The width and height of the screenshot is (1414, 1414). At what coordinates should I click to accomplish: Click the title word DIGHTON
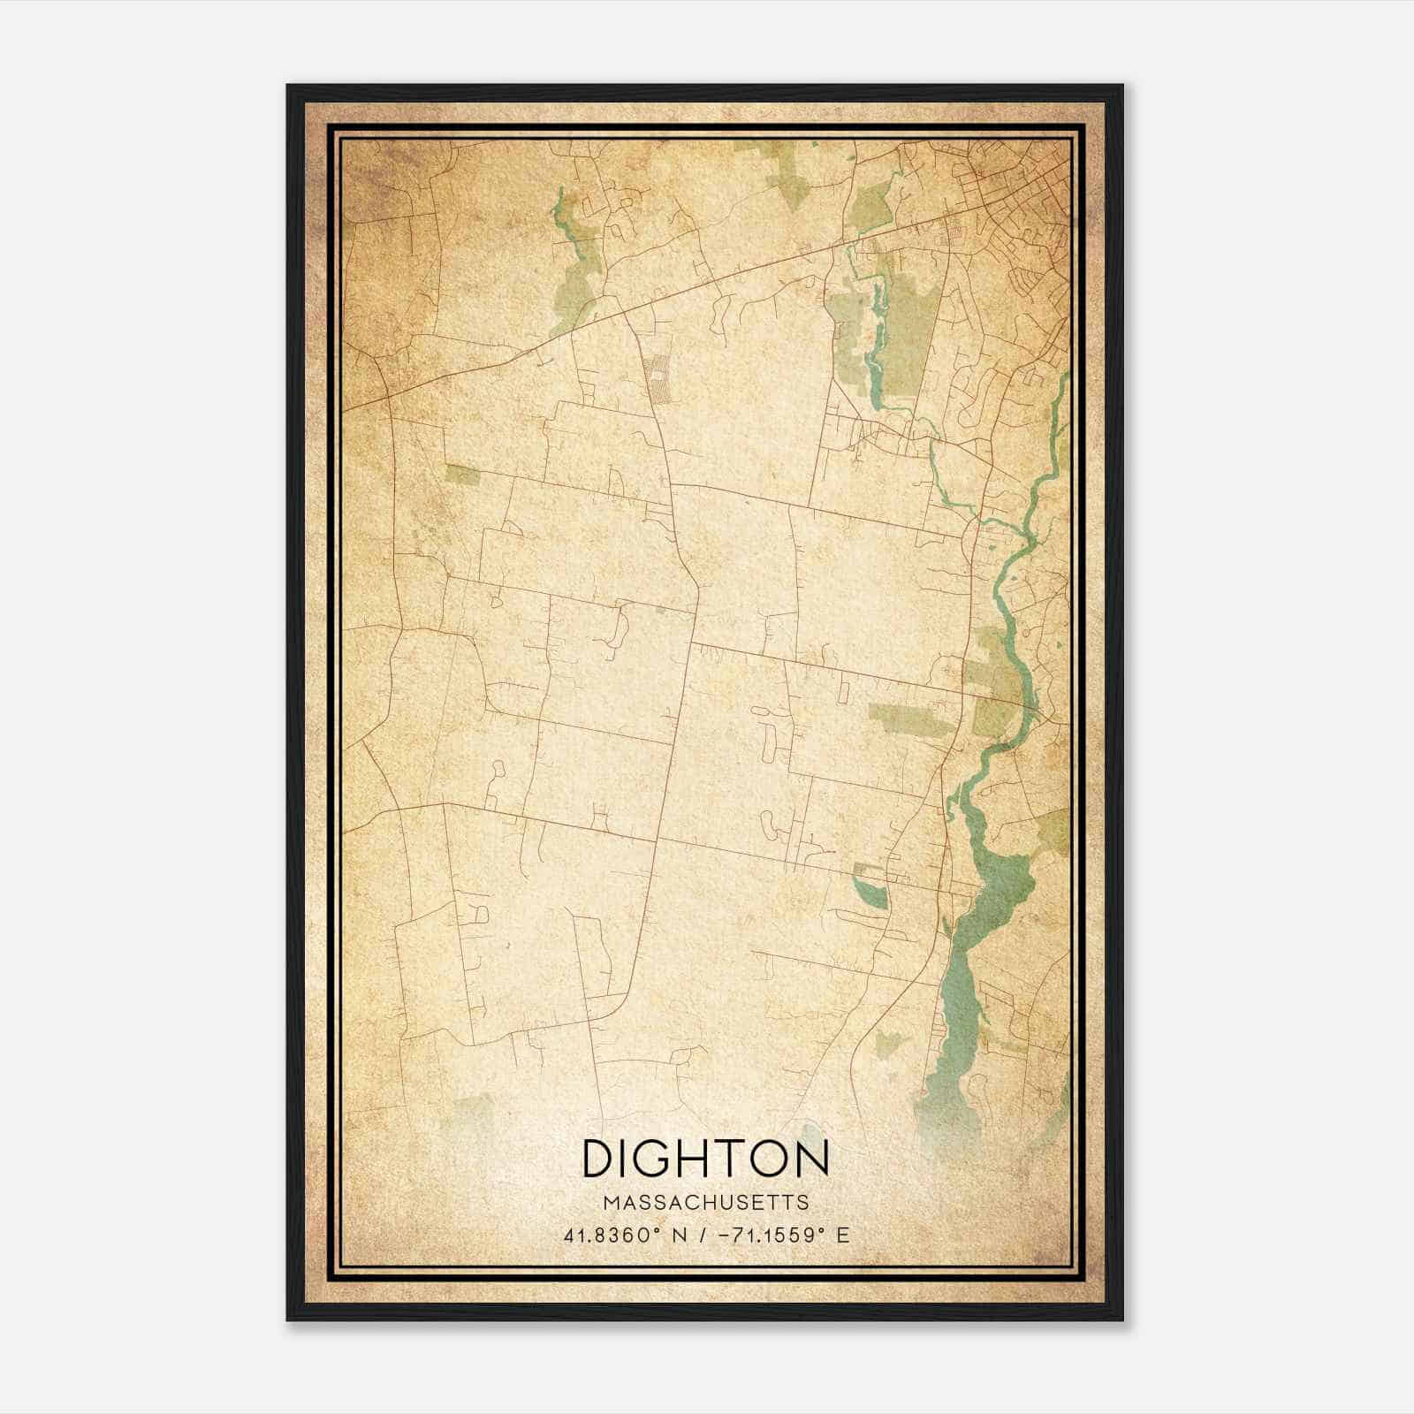pyautogui.click(x=705, y=1159)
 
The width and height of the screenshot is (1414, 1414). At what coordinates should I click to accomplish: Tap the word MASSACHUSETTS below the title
pyautogui.click(x=705, y=1203)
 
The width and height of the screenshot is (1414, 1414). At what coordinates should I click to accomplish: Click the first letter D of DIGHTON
pyautogui.click(x=601, y=1159)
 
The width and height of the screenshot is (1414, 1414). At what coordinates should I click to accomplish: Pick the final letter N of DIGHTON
pyautogui.click(x=810, y=1159)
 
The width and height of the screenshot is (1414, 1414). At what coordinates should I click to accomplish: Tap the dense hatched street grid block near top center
pyautogui.click(x=659, y=376)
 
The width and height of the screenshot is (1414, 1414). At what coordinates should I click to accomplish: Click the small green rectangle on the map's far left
pyautogui.click(x=461, y=475)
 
